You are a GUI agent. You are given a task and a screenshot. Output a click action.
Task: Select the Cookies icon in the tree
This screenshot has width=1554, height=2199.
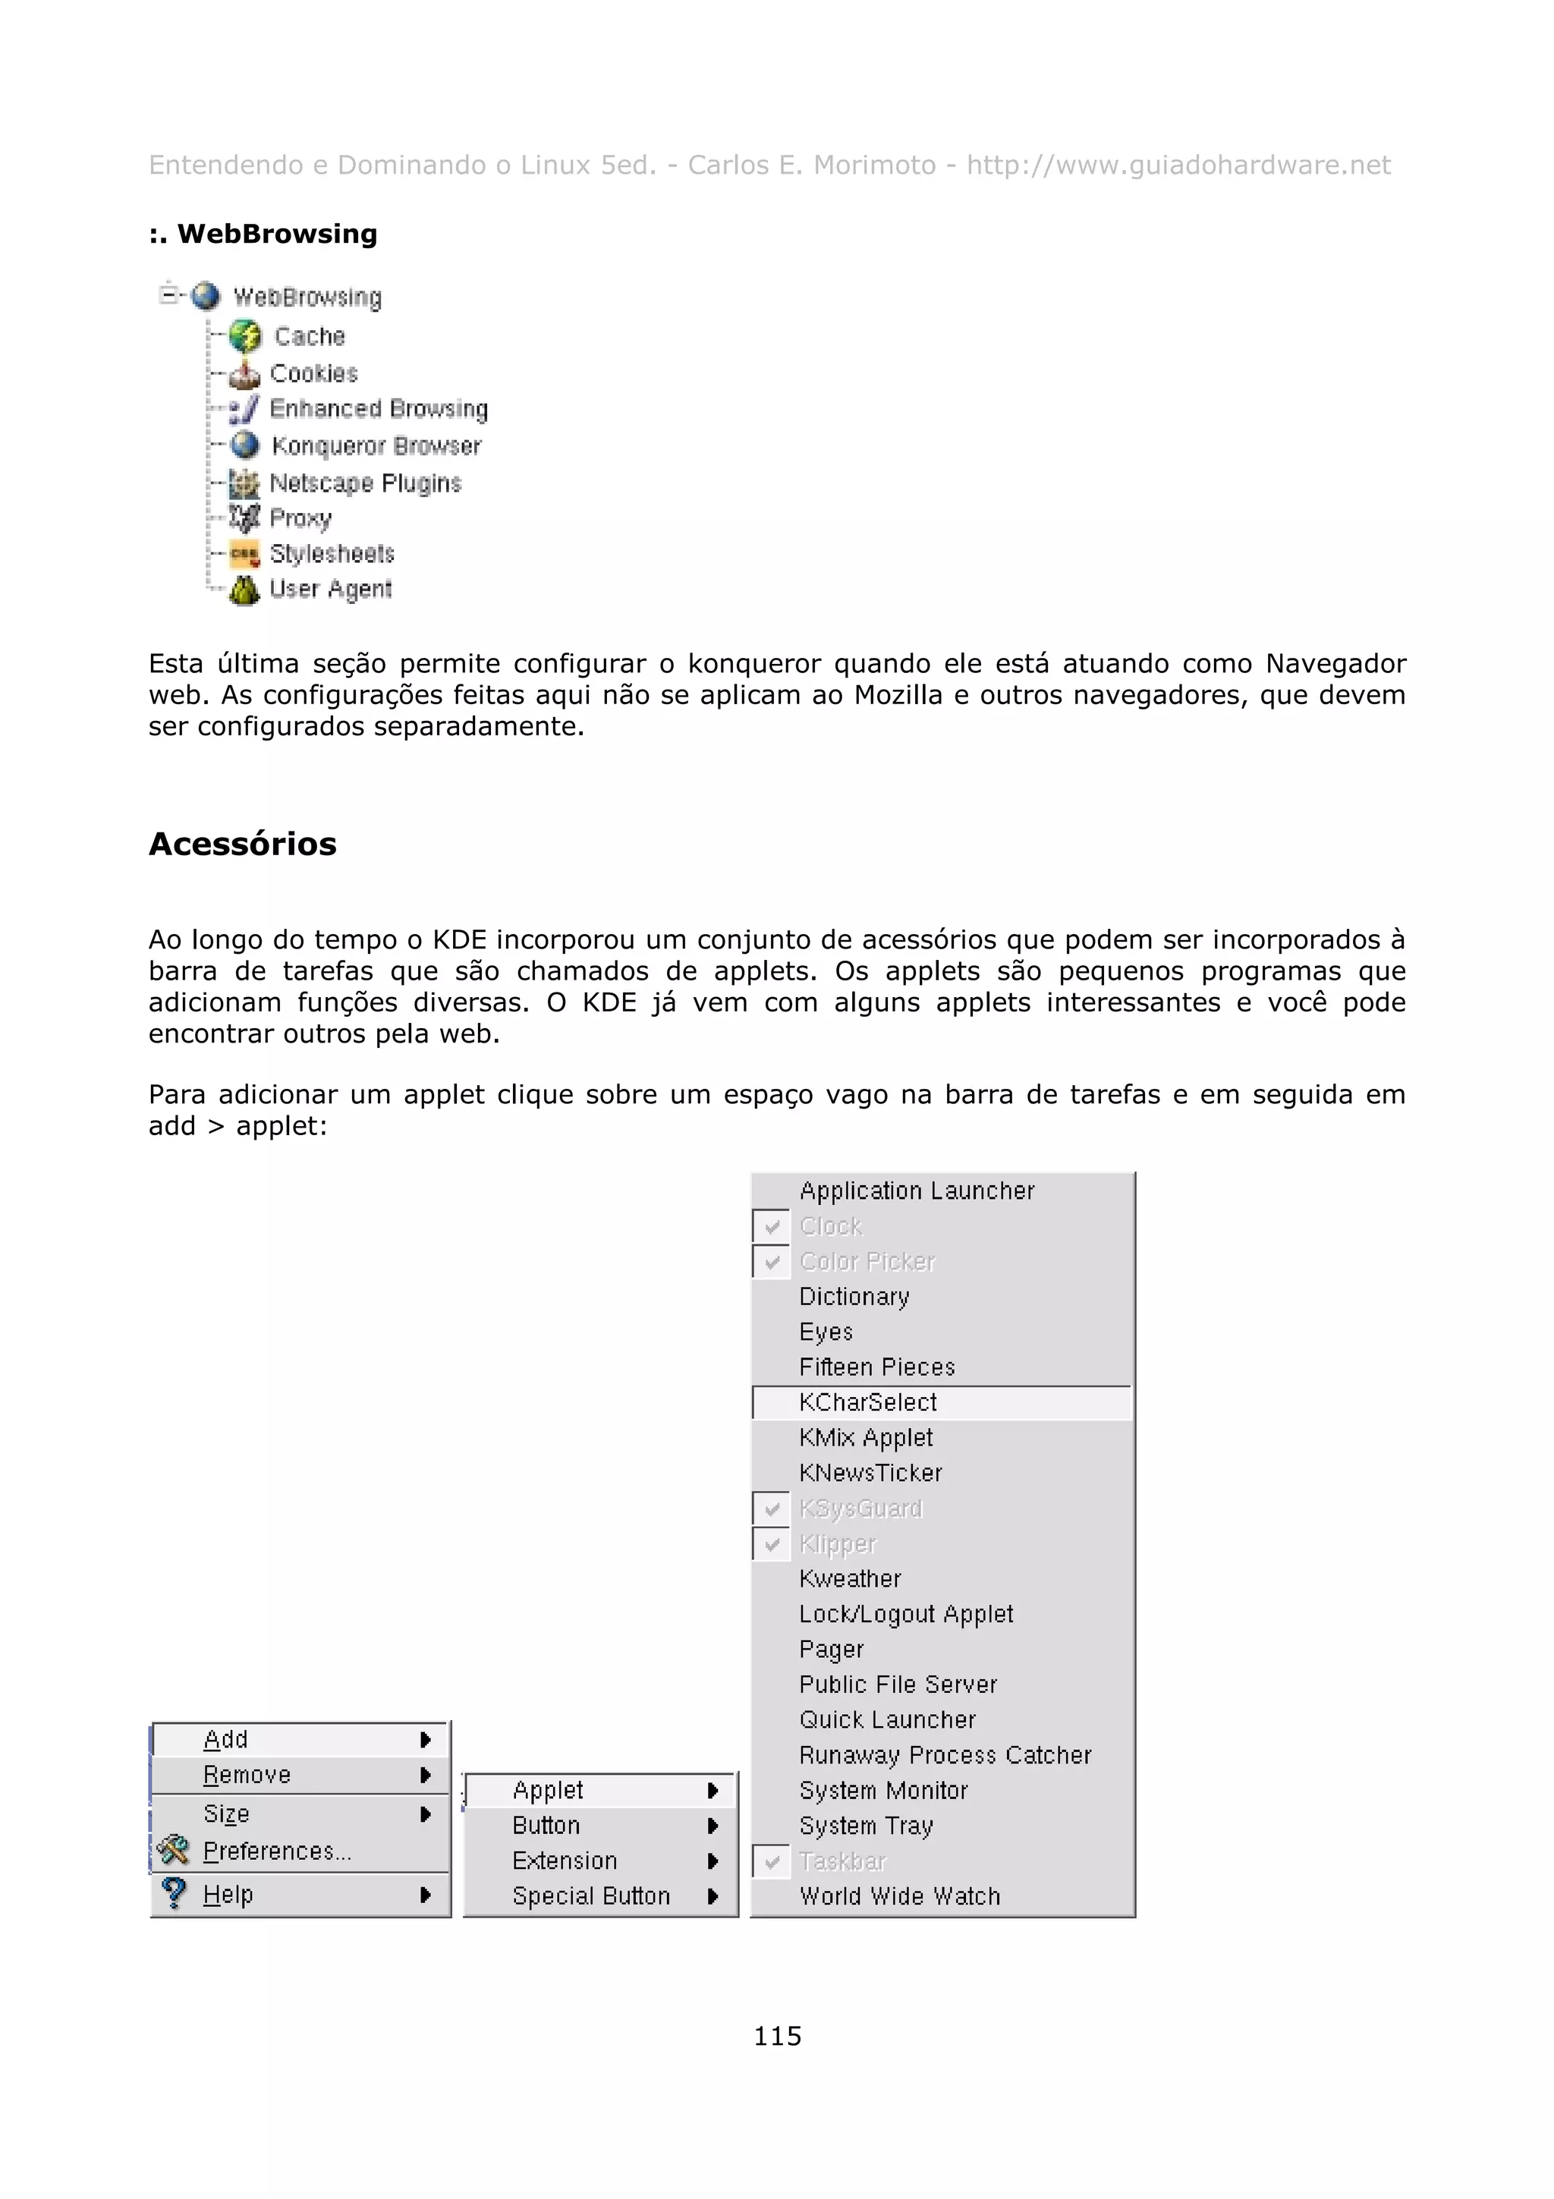click(245, 373)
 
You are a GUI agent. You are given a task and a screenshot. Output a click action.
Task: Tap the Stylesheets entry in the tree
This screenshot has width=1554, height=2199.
click(332, 554)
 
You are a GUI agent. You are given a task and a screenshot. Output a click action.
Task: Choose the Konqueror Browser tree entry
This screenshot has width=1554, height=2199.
click(376, 446)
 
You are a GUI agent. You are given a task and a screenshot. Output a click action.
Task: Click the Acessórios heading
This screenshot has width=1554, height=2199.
click(242, 844)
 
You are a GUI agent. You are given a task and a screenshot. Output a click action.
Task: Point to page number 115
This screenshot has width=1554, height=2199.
click(776, 2035)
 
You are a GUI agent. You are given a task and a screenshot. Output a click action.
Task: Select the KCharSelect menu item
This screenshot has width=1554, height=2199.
click(867, 1402)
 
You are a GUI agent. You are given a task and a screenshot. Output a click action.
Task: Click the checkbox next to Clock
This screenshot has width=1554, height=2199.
click(772, 1227)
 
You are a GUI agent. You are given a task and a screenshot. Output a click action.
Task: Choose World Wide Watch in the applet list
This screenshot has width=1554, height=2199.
click(899, 1896)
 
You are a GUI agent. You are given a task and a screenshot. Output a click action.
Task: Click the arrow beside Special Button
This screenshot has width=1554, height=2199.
click(713, 1896)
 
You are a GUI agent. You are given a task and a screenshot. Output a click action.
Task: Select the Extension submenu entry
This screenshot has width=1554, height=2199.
click(564, 1861)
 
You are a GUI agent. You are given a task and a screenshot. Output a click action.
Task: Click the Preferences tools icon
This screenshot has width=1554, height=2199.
click(173, 1849)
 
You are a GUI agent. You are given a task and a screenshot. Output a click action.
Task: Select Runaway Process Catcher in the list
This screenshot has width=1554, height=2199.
click(944, 1756)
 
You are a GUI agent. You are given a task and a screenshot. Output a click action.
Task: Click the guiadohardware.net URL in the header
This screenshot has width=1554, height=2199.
click(1178, 165)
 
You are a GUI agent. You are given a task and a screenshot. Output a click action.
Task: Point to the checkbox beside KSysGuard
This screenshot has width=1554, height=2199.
click(772, 1509)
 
